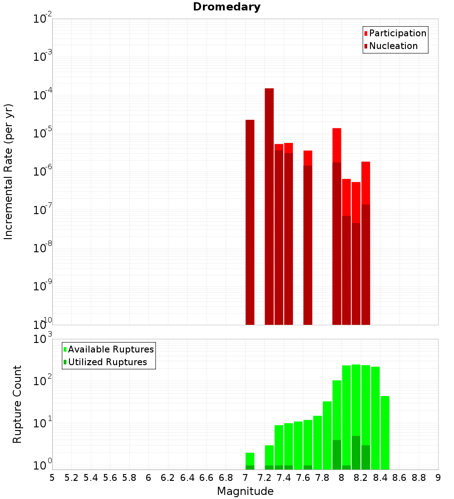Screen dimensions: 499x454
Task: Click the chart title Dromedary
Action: (227, 7)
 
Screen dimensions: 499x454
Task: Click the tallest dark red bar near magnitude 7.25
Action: (269, 204)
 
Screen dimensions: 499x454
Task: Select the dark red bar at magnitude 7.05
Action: (250, 222)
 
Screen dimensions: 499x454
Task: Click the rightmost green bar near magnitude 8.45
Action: (385, 431)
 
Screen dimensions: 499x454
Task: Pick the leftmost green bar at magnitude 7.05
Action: (250, 458)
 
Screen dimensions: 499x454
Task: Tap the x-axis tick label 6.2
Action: (168, 478)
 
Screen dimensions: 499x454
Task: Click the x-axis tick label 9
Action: (438, 478)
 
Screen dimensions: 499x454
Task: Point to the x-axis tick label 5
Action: (52, 478)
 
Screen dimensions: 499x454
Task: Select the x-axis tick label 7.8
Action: (322, 478)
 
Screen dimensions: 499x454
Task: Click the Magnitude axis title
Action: (245, 491)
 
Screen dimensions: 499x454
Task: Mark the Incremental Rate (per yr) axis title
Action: (8, 171)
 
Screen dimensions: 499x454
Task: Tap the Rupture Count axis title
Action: (17, 404)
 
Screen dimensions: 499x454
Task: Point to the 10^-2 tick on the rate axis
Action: (42, 20)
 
